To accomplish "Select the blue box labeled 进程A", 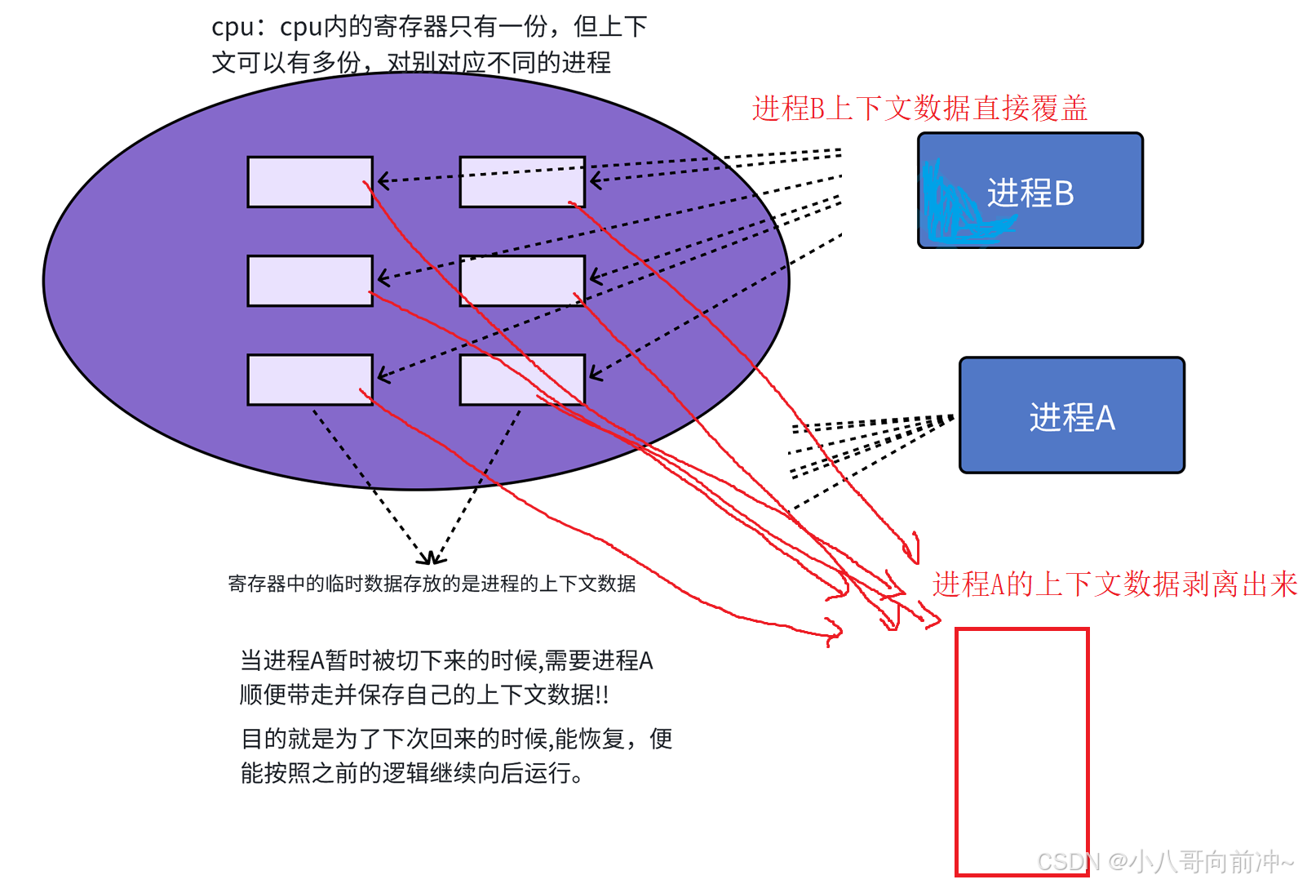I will point(1071,415).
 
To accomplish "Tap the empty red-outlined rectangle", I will point(1021,751).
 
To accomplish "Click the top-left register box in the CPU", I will point(310,182).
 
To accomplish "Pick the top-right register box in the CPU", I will point(522,182).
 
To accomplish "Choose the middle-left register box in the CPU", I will point(310,281).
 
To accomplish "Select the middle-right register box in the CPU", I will point(522,281).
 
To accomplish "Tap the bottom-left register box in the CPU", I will point(310,380).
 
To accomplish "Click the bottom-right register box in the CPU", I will point(522,380).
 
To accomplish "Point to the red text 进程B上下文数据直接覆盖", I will point(919,109).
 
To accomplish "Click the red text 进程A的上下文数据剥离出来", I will point(1114,584).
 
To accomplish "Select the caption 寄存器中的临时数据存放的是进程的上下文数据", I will point(432,584).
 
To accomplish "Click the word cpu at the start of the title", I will point(232,27).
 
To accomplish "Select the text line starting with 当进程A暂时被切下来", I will point(446,660).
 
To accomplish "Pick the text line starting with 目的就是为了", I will point(456,739).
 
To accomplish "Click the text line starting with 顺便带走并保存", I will point(423,695).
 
